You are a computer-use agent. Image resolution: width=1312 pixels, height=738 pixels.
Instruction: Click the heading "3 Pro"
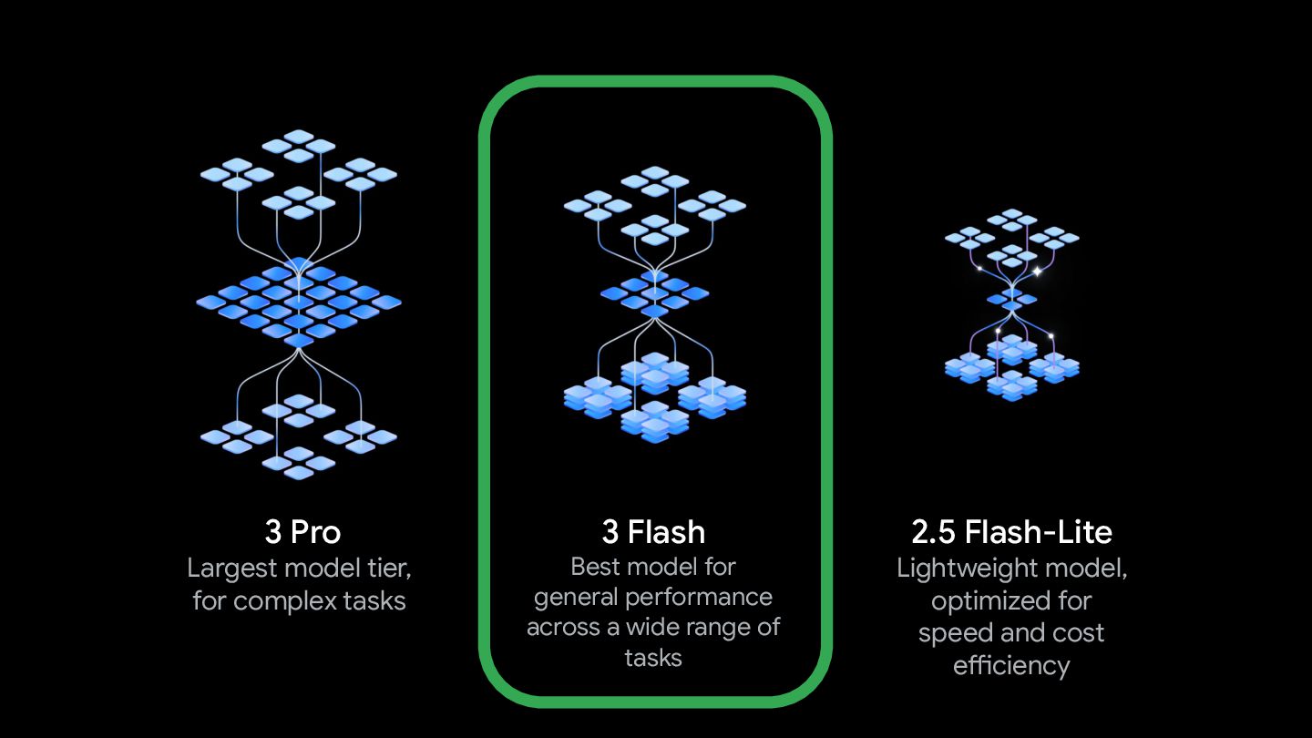click(302, 531)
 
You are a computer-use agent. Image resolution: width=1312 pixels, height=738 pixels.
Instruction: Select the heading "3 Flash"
click(653, 531)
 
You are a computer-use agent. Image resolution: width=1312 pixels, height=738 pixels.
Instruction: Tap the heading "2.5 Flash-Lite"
click(1011, 531)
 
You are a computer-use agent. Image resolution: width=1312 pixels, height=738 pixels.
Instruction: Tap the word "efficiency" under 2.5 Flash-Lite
click(1011, 665)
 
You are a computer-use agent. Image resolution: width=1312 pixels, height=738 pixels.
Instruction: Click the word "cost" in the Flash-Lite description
click(1078, 633)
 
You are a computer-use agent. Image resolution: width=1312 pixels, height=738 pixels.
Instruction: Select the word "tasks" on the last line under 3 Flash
click(653, 658)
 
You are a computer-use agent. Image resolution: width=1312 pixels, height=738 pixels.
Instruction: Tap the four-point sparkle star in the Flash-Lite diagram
click(1037, 271)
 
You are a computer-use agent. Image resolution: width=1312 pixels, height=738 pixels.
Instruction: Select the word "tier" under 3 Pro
click(386, 569)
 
